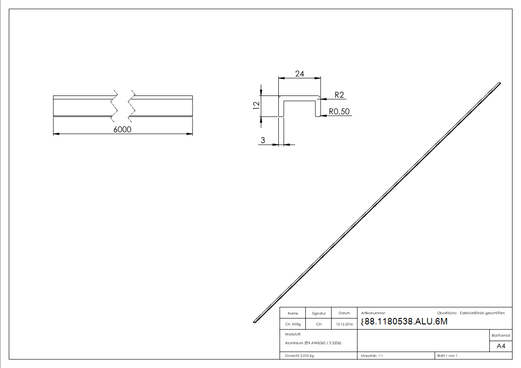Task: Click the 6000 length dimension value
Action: [x=122, y=130]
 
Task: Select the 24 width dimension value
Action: [x=299, y=73]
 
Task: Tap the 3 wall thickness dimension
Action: [x=263, y=140]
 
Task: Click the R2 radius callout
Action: [x=339, y=95]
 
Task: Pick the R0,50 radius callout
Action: [x=339, y=112]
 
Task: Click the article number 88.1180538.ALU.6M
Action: [x=404, y=322]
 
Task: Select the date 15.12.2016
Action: [x=345, y=324]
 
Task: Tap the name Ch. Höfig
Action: [x=293, y=324]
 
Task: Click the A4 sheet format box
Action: [x=501, y=346]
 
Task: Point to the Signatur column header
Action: [x=319, y=313]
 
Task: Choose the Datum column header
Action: [x=344, y=313]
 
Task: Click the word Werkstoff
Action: [x=293, y=334]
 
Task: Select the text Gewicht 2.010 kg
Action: [x=300, y=355]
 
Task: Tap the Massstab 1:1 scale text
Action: [x=372, y=355]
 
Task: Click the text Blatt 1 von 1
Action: [x=447, y=355]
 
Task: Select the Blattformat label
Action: [x=501, y=335]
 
